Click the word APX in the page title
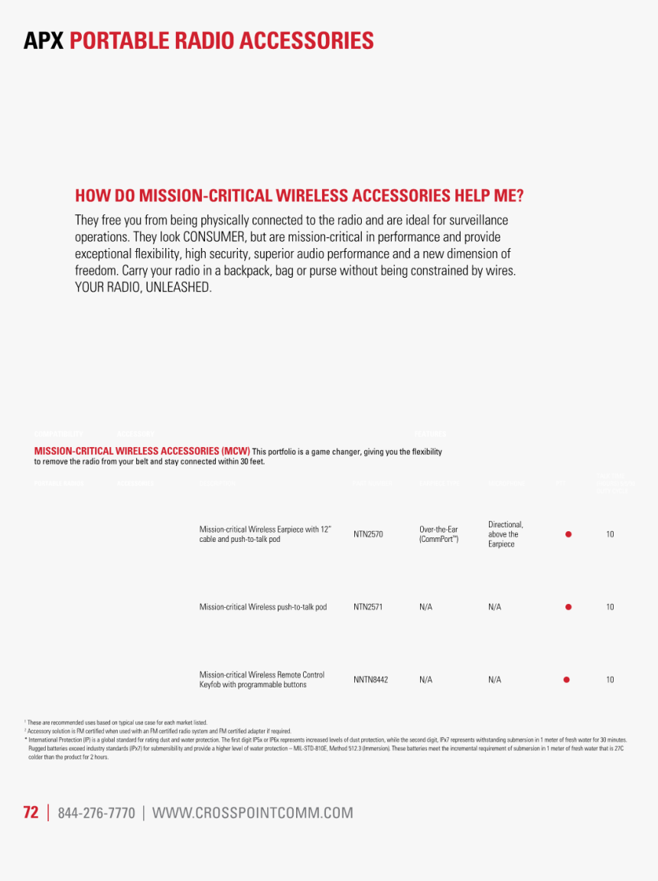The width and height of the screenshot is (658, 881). coord(44,41)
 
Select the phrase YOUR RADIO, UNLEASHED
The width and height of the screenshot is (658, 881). coord(142,288)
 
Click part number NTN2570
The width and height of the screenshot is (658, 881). coord(368,534)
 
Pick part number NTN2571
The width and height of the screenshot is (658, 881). coord(368,607)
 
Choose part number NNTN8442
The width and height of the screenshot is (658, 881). coord(370,680)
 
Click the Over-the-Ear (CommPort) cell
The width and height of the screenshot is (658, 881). coord(439,534)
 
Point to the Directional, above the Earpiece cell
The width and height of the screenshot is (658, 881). coord(505,534)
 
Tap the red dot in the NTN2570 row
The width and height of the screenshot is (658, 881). coord(568,534)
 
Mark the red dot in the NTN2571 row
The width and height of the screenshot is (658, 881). coord(568,607)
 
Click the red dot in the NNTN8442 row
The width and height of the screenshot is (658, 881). coord(566,680)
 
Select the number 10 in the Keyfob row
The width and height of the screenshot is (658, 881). coord(610,680)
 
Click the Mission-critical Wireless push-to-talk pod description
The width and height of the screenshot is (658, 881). coord(262,607)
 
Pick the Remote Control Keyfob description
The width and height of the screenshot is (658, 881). coord(262,680)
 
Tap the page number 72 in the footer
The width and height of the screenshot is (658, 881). coord(31,813)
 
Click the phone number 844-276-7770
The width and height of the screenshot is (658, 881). coord(96,813)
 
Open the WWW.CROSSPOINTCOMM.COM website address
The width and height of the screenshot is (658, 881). coord(252,813)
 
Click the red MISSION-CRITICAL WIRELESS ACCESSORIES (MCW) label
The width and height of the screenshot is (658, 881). coord(142,452)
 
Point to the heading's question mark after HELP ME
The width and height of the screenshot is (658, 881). coord(520,196)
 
